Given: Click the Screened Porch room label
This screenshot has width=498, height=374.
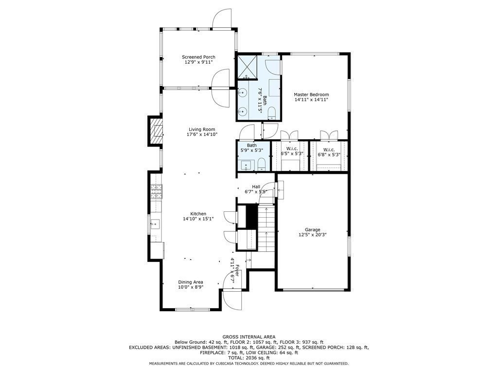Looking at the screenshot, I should pyautogui.click(x=198, y=57).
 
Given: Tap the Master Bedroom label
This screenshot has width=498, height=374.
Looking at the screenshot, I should pyautogui.click(x=311, y=94).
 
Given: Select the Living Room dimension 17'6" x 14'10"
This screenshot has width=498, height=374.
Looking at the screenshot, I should pyautogui.click(x=202, y=134).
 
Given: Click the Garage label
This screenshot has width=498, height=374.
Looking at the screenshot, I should pyautogui.click(x=312, y=229).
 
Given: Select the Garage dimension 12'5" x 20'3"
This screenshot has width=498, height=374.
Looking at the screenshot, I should pyautogui.click(x=312, y=235).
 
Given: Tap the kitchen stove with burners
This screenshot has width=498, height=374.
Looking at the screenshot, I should pyautogui.click(x=156, y=193).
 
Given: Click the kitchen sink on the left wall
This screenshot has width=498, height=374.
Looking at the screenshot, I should pyautogui.click(x=155, y=224).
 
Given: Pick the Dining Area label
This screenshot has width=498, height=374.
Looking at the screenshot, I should pyautogui.click(x=190, y=282).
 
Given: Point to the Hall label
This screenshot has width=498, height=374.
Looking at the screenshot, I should pyautogui.click(x=256, y=187).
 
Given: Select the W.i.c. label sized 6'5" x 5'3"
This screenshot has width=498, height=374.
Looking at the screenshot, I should pyautogui.click(x=292, y=149).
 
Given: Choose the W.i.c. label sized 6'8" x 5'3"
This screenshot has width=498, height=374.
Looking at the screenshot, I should pyautogui.click(x=329, y=149).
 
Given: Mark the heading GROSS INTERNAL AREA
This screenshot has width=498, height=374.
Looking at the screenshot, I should pyautogui.click(x=249, y=337).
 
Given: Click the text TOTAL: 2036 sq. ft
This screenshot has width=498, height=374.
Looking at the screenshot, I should pyautogui.click(x=249, y=358).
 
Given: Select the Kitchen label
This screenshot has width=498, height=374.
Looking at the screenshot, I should pyautogui.click(x=198, y=214).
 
